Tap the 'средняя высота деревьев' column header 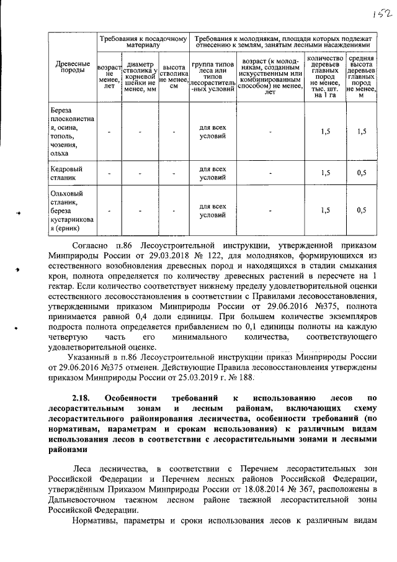362,75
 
